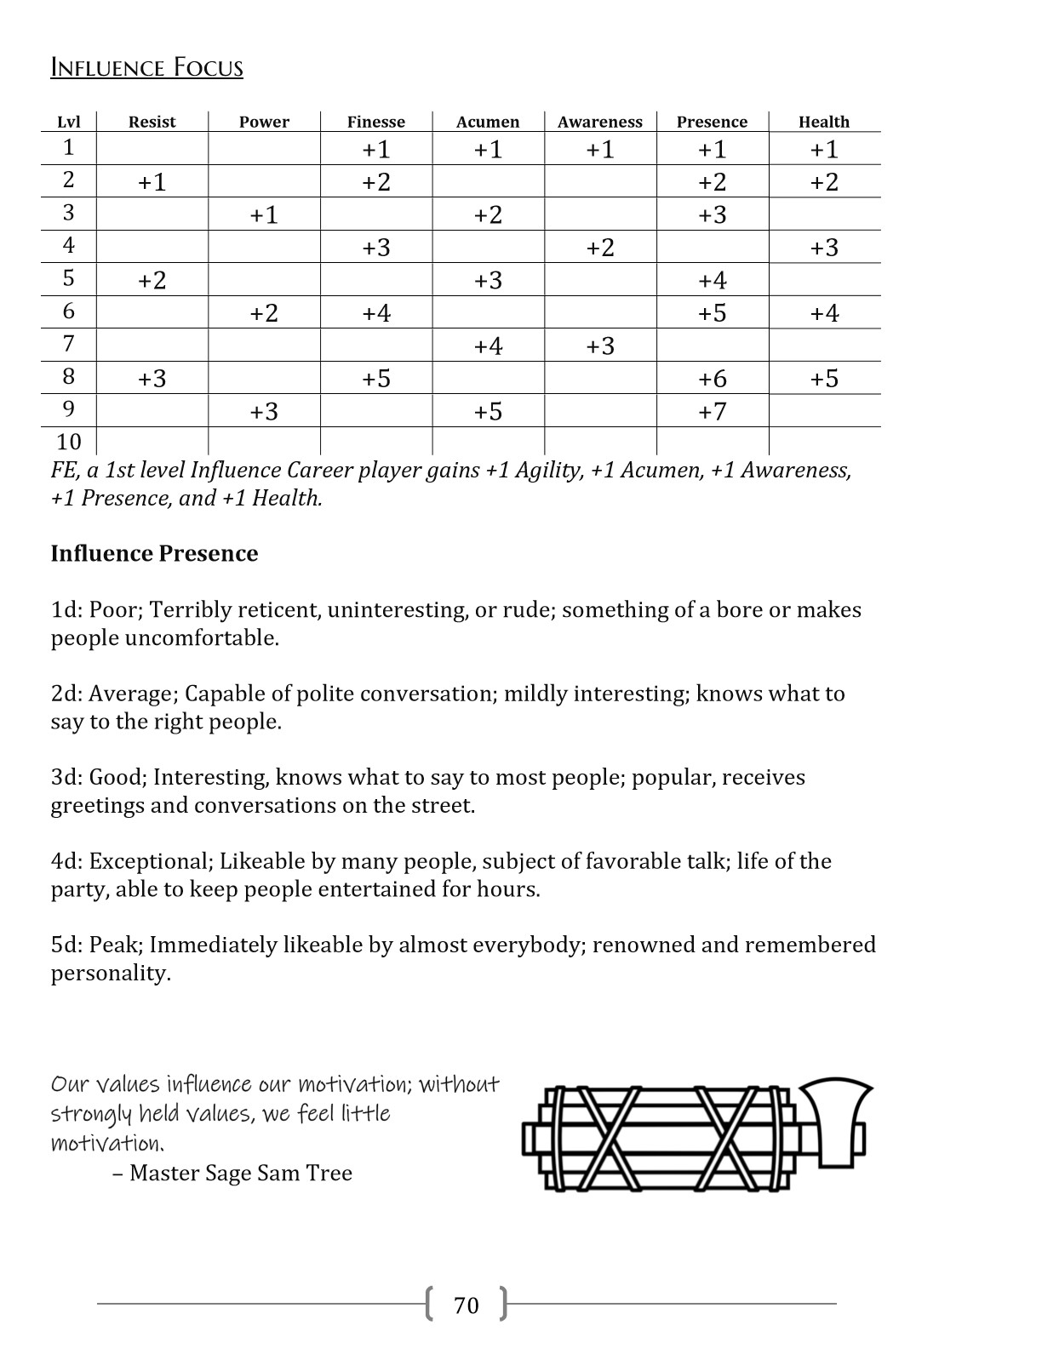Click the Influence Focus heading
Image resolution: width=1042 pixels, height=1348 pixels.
pos(146,67)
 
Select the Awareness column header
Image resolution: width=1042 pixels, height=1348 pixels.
pos(600,122)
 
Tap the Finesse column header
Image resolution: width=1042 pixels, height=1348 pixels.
pos(376,122)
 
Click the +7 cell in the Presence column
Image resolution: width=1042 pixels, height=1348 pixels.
pos(712,412)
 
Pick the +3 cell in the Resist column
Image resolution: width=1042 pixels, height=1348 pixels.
pos(152,379)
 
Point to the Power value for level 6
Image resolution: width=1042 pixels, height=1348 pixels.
pos(264,313)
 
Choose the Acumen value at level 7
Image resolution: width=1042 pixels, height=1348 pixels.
pos(488,346)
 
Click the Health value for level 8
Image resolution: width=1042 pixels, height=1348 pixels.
pos(824,379)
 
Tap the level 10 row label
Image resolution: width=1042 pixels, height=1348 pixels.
pos(69,442)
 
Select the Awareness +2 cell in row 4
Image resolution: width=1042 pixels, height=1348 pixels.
pos(600,248)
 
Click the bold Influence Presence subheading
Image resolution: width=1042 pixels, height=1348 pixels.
pos(154,553)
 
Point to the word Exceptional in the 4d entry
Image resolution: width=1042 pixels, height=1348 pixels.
pos(149,861)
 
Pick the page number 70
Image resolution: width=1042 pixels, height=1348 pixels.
pos(467,1305)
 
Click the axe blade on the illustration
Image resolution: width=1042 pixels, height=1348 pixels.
pos(838,1122)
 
